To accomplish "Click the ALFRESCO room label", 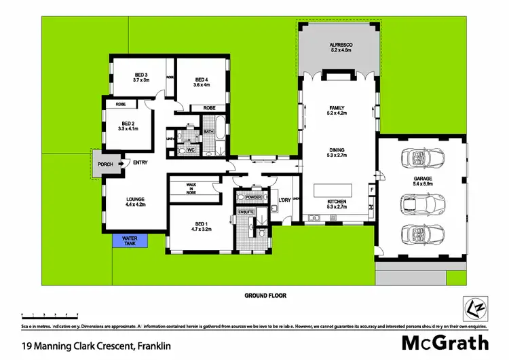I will pos(337,47).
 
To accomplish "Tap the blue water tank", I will pos(130,242).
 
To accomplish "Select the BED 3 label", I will pos(140,77).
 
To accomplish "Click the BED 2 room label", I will pos(128,125).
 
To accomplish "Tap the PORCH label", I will pos(105,164).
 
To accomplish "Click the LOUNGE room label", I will pos(136,200).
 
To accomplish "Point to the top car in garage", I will pos(421,158).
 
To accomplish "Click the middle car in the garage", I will pos(421,203).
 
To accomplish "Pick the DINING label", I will pos(337,153).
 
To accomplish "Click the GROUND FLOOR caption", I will pos(265,296).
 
